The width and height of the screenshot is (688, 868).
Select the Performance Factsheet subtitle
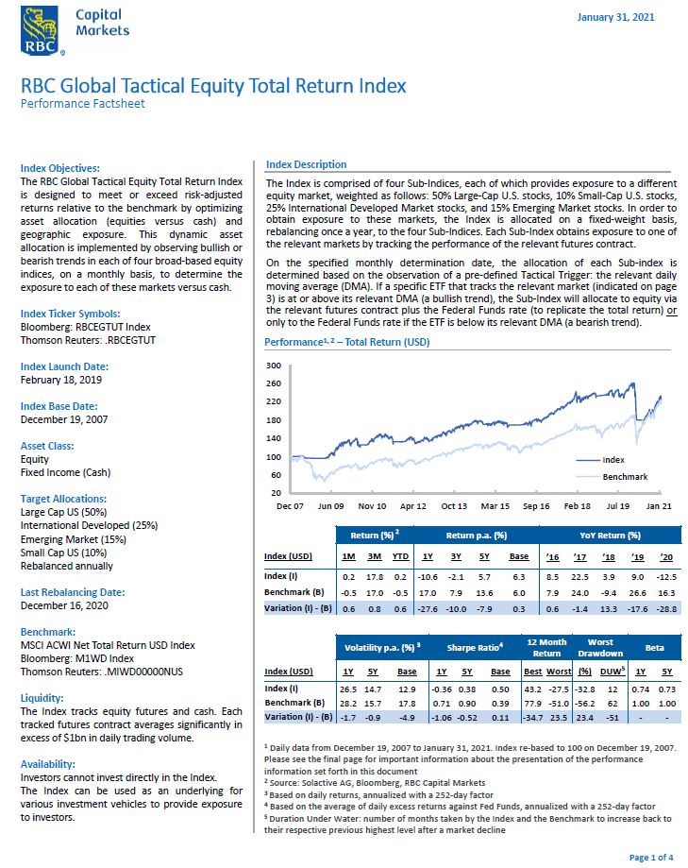tap(83, 104)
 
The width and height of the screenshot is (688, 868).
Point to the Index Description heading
tap(306, 164)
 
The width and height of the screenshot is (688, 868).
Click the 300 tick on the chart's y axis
tap(275, 366)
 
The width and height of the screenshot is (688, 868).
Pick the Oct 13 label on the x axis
tap(453, 505)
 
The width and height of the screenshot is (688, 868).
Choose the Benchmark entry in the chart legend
tap(625, 477)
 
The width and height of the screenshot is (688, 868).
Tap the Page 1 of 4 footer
tap(650, 857)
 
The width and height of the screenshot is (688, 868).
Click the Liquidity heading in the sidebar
tap(42, 698)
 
